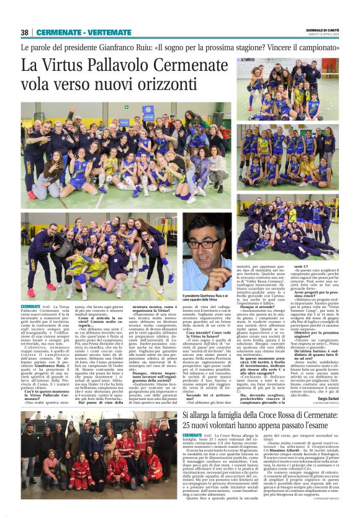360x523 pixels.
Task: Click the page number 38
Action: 25,32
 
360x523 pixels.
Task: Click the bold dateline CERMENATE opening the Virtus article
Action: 30,307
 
